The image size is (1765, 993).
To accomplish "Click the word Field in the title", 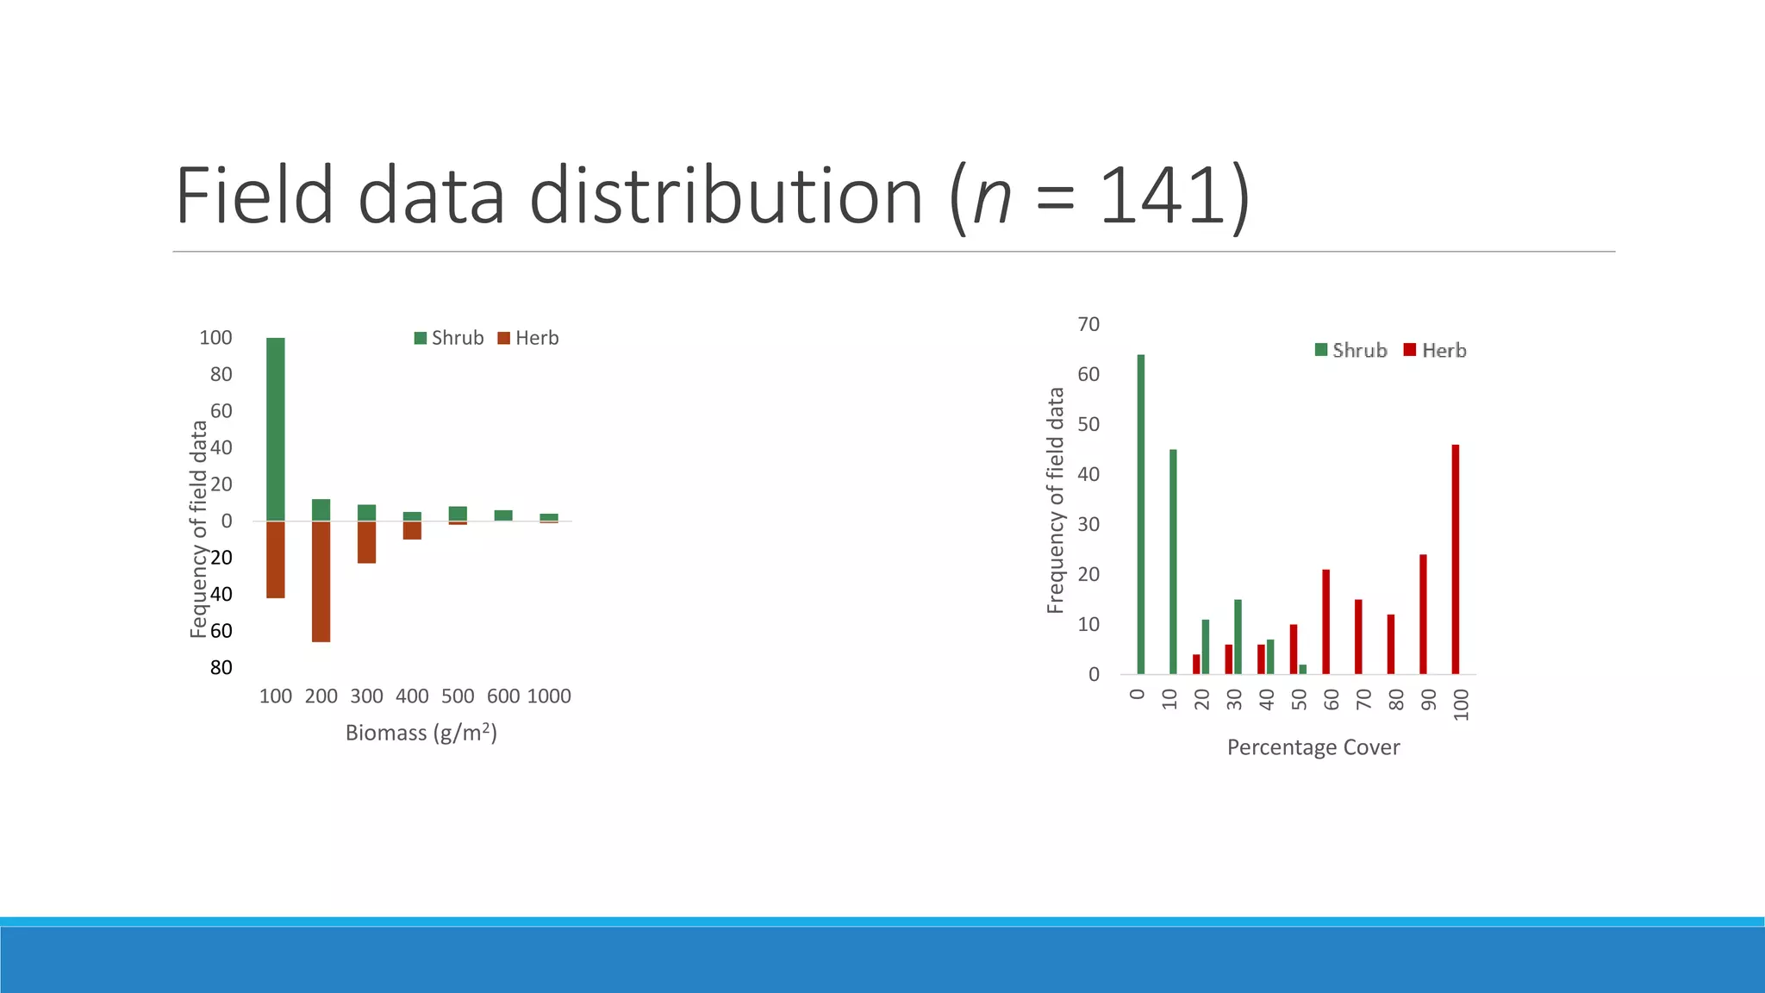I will [x=254, y=197].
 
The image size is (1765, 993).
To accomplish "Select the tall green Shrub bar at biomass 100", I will [x=276, y=429].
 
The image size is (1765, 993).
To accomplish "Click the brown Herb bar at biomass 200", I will [x=321, y=582].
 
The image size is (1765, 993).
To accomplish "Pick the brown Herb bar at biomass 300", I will [x=366, y=542].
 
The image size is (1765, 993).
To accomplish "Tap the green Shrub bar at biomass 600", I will [x=503, y=515].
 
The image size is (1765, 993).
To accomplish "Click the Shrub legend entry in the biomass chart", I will [x=449, y=338].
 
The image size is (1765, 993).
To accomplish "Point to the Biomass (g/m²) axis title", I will [x=421, y=733].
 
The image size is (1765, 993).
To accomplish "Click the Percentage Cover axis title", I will [x=1313, y=747].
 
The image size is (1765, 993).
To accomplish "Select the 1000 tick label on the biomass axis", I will [x=549, y=696].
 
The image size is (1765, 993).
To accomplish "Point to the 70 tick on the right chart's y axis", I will [x=1088, y=324].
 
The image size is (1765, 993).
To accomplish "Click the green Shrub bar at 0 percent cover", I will [x=1141, y=514].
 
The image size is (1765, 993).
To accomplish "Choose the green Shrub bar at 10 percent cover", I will [x=1173, y=561].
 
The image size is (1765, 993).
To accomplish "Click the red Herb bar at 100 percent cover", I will [x=1456, y=559].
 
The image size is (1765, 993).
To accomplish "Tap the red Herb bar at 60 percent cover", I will [x=1325, y=621].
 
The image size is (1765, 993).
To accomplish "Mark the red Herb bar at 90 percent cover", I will [x=1423, y=614].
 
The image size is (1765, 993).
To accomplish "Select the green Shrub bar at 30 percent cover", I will [x=1238, y=636].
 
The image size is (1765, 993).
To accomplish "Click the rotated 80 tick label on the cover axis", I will [x=1396, y=699].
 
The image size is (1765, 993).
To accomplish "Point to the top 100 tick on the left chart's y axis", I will [x=215, y=338].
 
